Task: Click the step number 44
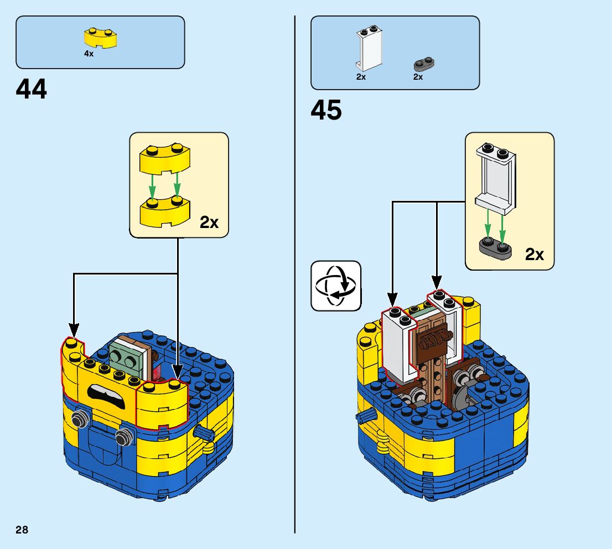32,89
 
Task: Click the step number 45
326,110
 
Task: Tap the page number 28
22,530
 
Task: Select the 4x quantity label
89,54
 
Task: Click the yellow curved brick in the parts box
100,38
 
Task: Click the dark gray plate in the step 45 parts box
424,65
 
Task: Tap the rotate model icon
336,286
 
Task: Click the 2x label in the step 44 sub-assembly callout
209,222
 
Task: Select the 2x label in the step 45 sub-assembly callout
535,255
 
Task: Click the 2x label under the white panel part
361,77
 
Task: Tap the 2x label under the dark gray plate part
418,77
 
